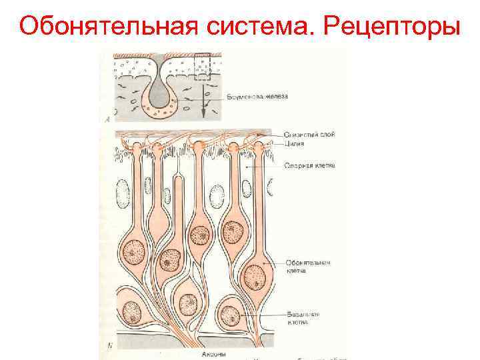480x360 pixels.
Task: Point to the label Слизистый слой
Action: (x=309, y=134)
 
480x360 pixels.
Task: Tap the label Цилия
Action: (x=294, y=143)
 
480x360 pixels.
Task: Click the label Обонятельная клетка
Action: (x=308, y=267)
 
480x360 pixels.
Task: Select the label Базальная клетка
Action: (x=303, y=317)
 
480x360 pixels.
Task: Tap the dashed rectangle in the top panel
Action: (x=203, y=67)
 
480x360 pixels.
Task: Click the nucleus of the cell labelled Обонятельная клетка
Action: (x=254, y=275)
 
